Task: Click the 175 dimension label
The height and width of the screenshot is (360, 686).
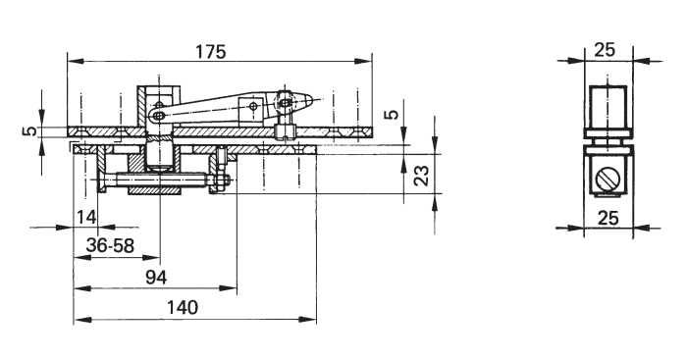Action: tap(210, 52)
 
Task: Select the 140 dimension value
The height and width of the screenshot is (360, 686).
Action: tap(182, 307)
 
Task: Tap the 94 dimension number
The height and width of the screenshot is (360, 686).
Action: tap(156, 278)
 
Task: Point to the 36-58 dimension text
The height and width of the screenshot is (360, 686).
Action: tap(110, 246)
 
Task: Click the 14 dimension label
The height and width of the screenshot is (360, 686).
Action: tap(86, 217)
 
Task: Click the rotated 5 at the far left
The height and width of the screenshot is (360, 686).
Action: tap(29, 130)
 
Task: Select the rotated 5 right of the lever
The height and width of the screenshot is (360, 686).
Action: tap(393, 114)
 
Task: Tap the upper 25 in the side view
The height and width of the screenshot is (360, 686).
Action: tap(605, 50)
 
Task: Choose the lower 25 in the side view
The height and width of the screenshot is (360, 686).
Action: tap(608, 218)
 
